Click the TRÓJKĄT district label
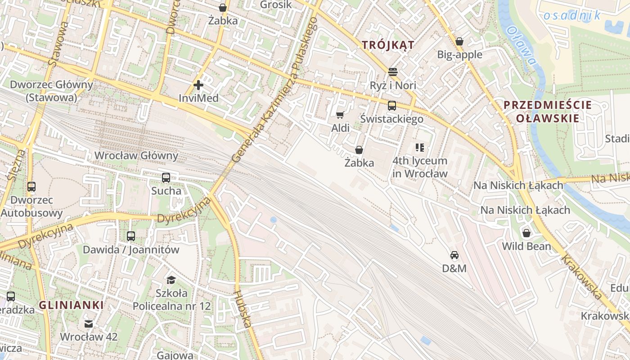click(x=388, y=45)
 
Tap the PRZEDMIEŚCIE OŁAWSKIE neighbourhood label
click(x=547, y=112)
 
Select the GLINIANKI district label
click(x=71, y=305)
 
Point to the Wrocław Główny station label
click(x=136, y=156)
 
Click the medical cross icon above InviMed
click(x=198, y=85)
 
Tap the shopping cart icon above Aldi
click(x=340, y=115)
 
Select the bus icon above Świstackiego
click(x=392, y=106)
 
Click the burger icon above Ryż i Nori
click(x=393, y=72)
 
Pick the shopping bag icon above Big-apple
click(x=459, y=41)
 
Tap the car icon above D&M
click(x=454, y=255)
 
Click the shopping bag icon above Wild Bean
click(x=526, y=233)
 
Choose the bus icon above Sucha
click(x=166, y=178)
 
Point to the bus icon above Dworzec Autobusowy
click(x=31, y=186)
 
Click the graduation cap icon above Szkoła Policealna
click(x=171, y=280)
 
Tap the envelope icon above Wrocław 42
click(x=89, y=324)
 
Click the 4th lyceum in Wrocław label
click(x=420, y=167)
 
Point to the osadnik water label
click(x=571, y=16)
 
